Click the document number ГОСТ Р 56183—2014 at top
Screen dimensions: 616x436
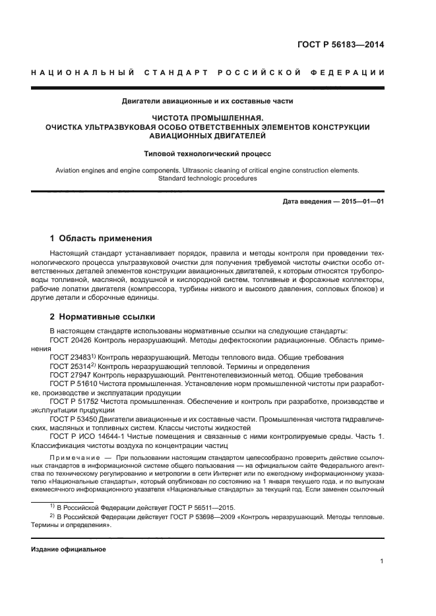point(340,45)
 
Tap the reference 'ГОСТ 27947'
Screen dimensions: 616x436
point(71,374)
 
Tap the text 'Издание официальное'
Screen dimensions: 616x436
point(68,549)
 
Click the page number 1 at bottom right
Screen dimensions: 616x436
point(382,561)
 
